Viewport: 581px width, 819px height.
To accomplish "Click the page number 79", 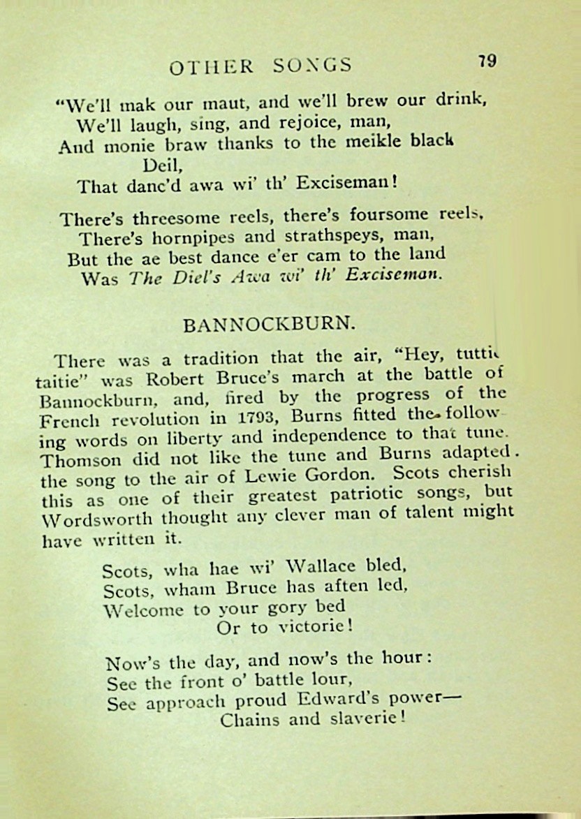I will pyautogui.click(x=487, y=61).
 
